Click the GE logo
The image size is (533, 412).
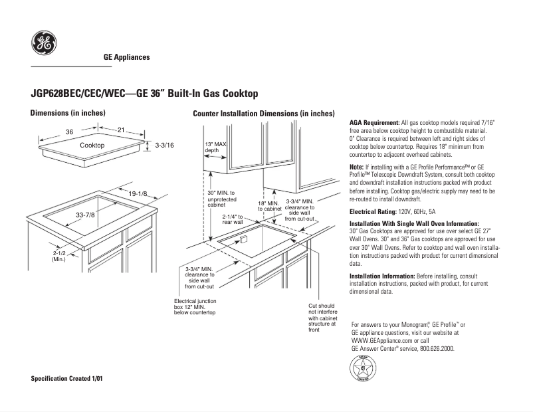(43, 45)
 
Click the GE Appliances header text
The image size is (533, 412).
(126, 58)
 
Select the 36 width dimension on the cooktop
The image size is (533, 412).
(69, 132)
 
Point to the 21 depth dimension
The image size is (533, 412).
(121, 130)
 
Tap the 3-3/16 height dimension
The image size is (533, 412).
(163, 145)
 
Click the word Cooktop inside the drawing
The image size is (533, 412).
(92, 145)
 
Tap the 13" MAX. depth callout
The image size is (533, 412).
(216, 147)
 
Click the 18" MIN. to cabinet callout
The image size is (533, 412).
(269, 205)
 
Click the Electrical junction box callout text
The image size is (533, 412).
(194, 306)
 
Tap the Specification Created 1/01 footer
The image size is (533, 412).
(67, 378)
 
